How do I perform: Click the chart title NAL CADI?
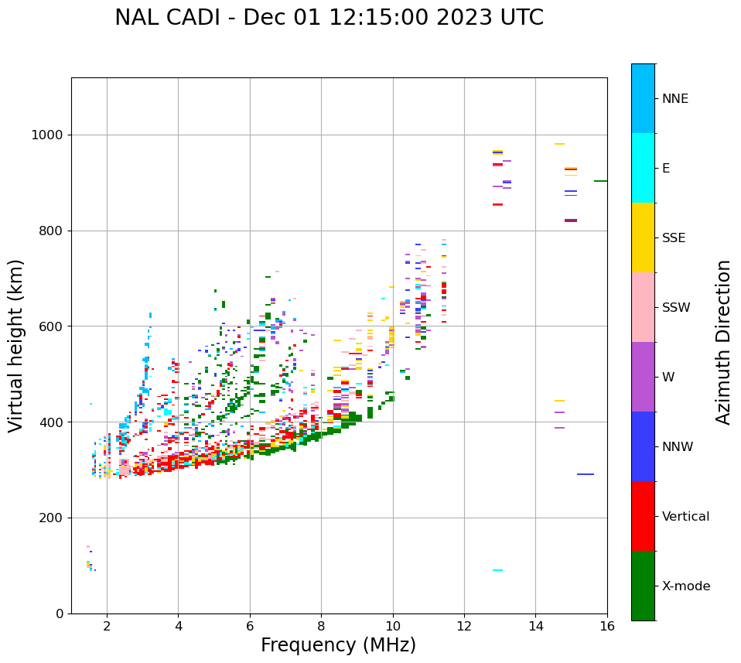click(x=329, y=18)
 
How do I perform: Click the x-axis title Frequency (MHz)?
click(x=338, y=645)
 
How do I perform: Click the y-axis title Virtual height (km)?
click(x=16, y=346)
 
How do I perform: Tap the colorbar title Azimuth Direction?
click(x=723, y=342)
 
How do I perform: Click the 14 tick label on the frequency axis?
click(x=535, y=625)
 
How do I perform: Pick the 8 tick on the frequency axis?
click(x=321, y=625)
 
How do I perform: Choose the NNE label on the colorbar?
click(x=674, y=99)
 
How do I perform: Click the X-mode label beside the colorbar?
click(x=685, y=586)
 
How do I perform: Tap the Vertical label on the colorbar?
click(x=685, y=517)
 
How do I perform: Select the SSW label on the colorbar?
click(x=676, y=308)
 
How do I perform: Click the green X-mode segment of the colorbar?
click(x=643, y=586)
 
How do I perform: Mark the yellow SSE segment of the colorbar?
click(x=643, y=238)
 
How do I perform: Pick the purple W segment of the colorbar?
click(x=643, y=377)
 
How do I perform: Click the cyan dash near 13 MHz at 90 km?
click(x=497, y=570)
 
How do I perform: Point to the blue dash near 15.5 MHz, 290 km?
click(x=586, y=474)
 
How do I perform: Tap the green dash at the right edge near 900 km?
click(x=600, y=181)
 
